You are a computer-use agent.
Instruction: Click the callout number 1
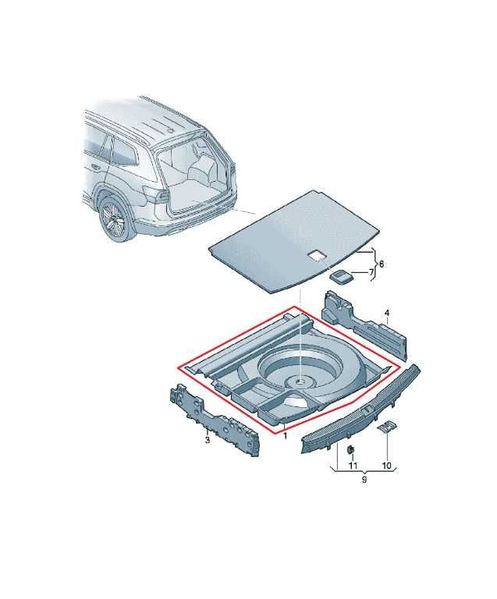coord(285,435)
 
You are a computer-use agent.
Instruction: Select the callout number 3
coord(208,440)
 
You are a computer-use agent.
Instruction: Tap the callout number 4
coord(386,314)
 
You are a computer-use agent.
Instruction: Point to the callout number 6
coord(381,264)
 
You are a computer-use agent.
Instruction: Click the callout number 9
coord(364,480)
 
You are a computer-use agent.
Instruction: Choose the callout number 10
coord(386,466)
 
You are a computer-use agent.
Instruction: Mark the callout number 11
coord(352,466)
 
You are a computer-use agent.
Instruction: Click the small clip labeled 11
coord(350,449)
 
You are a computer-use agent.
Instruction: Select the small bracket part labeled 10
coord(386,427)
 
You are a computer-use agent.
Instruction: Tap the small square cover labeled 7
coord(340,276)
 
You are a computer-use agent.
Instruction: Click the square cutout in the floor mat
coord(316,255)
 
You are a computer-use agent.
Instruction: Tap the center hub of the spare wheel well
coord(300,380)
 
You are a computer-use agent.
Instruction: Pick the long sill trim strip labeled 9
coord(361,409)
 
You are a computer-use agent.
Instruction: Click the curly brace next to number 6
coord(374,264)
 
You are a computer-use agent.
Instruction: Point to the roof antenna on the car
coord(172,129)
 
